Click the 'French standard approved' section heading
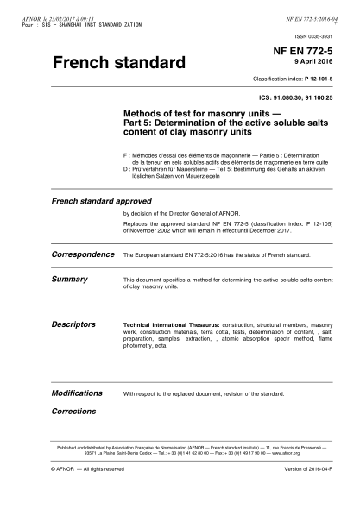point(95,201)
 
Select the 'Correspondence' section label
point(83,255)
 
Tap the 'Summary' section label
point(69,280)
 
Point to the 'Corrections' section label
point(73,412)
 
